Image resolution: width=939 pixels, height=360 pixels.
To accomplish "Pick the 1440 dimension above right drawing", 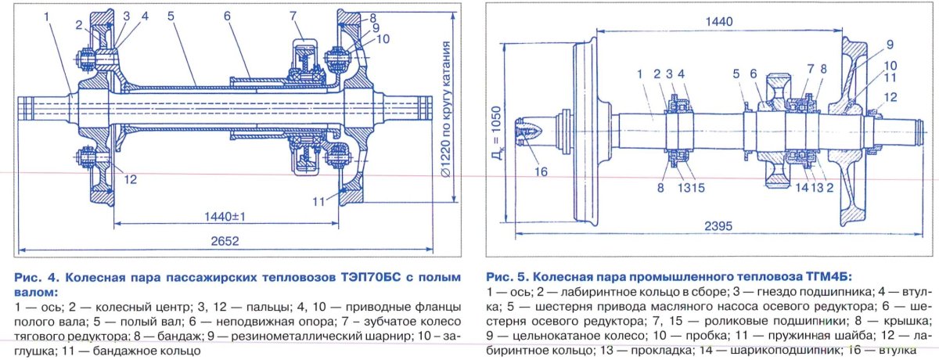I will [x=718, y=23].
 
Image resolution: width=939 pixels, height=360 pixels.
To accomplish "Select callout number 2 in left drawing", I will [x=78, y=24].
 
